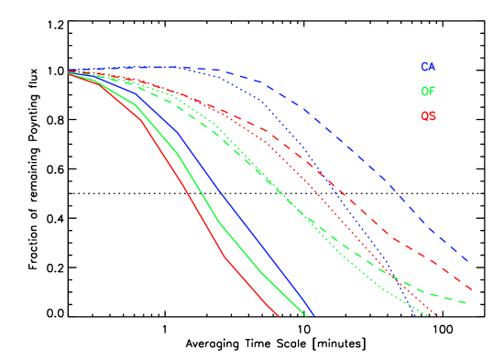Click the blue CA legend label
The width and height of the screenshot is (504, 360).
428,67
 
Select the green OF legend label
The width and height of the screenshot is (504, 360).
428,92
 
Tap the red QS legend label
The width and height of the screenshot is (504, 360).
428,116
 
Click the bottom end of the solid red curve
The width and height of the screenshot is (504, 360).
278,316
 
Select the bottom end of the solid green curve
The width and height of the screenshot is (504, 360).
305,316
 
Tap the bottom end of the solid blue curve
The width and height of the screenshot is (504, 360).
314,316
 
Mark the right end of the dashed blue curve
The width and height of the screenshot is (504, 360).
469,262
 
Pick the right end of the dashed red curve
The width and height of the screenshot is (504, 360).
471,289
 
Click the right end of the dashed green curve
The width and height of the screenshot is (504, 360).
467,302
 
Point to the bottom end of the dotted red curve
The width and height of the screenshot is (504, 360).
439,316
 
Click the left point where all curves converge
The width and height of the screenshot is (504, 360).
70,72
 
